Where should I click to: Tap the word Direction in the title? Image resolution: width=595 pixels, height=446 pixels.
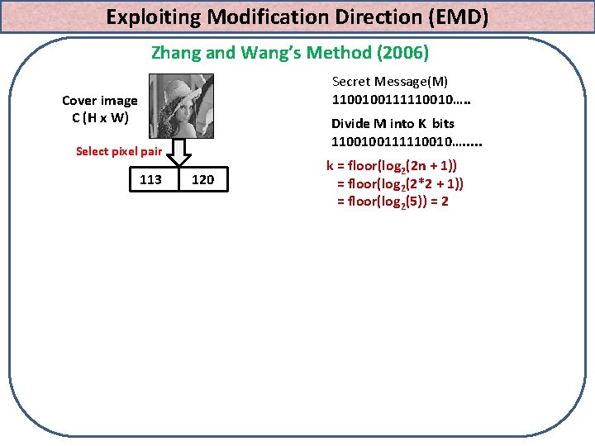368,16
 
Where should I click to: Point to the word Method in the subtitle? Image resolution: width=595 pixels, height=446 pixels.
337,54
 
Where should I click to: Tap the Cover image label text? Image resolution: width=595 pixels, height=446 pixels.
100,101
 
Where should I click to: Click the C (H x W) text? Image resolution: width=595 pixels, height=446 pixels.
100,117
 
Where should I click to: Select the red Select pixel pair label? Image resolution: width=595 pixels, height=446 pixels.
118,151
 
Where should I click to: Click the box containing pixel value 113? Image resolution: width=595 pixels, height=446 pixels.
151,179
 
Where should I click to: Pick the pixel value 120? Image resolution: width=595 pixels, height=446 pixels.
202,179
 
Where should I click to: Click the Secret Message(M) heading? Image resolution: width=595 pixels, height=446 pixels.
389,81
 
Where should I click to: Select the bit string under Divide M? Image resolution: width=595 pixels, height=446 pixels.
407,142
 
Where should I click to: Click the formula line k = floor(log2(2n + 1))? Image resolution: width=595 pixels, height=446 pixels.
393,165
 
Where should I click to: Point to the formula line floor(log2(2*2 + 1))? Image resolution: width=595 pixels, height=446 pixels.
399,183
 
